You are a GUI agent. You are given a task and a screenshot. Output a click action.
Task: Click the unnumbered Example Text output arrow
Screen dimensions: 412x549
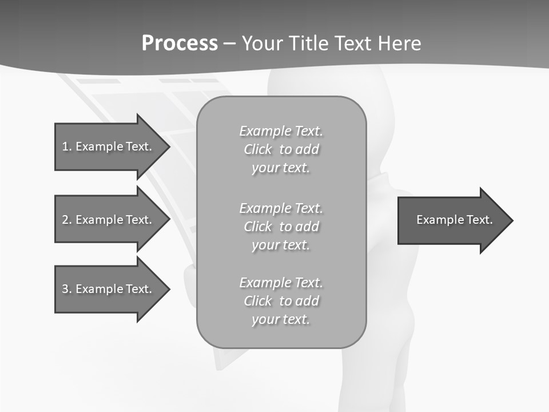tap(454, 220)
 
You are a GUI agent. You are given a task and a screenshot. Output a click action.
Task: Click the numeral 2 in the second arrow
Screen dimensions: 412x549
tap(65, 220)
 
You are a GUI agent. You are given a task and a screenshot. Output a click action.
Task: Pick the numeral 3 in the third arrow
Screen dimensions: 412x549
tap(65, 289)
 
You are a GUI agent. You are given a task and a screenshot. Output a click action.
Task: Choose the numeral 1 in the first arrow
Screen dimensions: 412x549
tap(65, 146)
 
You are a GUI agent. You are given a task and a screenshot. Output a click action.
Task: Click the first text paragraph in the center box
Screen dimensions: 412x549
tap(281, 149)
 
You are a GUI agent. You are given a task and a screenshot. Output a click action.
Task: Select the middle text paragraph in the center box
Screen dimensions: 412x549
tap(281, 227)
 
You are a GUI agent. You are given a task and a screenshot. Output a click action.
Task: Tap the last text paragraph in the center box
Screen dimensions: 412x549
tap(281, 301)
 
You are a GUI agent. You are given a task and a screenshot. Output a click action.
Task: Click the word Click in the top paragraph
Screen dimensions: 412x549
tap(258, 150)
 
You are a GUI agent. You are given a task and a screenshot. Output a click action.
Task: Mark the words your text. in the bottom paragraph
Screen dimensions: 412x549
tap(281, 319)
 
